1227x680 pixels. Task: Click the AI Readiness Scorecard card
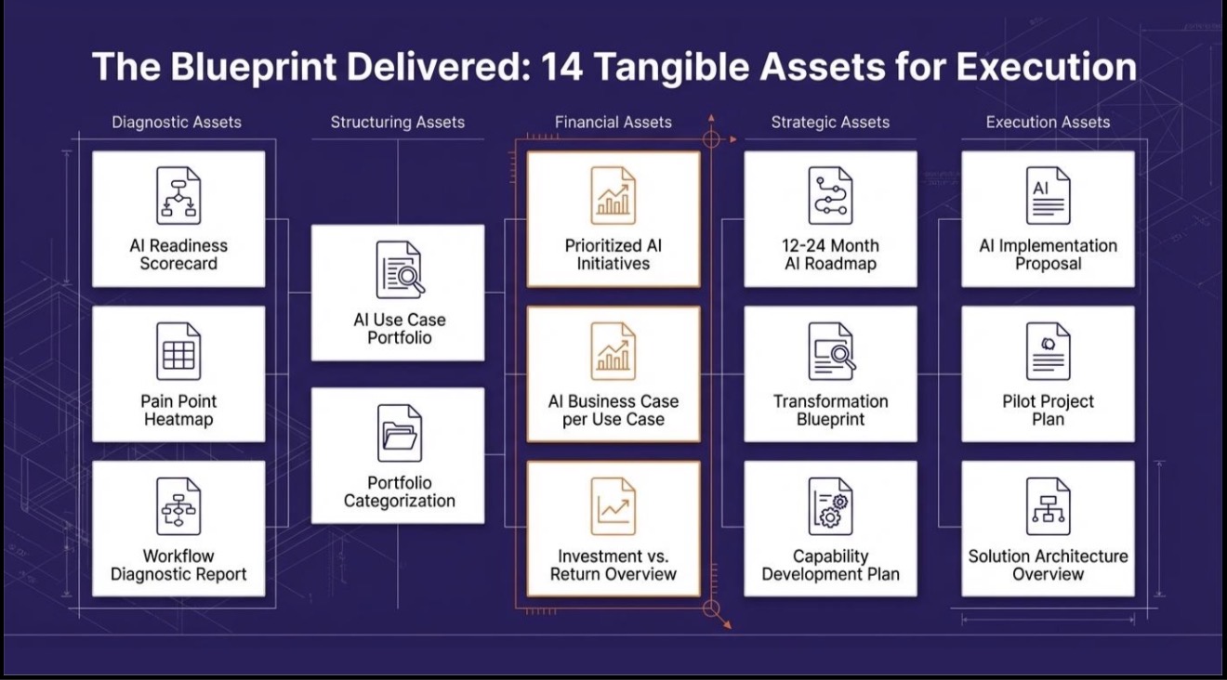pos(178,219)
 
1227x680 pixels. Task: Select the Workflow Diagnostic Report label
pos(178,565)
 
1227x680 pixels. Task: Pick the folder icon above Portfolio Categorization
pos(399,433)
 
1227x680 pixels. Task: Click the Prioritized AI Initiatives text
pos(613,255)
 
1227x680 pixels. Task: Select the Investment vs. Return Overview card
pos(613,529)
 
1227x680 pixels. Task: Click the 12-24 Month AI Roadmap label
pos(830,255)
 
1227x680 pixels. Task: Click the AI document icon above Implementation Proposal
pos(1047,196)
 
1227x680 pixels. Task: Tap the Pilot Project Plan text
pos(1047,410)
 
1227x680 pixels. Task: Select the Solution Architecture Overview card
pos(1047,529)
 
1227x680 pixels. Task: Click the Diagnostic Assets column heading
pos(177,122)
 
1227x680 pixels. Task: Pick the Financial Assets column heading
pos(613,122)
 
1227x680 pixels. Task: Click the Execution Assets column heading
pos(1048,122)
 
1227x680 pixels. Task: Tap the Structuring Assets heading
pos(397,122)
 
